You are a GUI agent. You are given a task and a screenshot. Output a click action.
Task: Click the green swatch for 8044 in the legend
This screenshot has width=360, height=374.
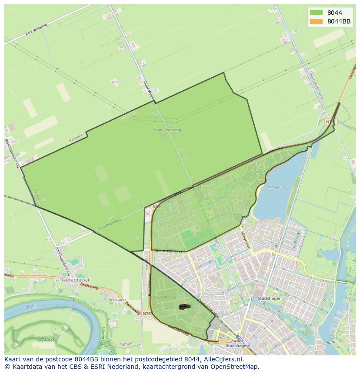pos(317,13)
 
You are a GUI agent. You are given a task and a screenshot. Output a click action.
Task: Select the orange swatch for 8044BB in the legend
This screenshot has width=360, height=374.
pos(317,21)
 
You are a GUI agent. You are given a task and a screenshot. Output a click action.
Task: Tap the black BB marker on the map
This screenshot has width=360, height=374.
pos(184,307)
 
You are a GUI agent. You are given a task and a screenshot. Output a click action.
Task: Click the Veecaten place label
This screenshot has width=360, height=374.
pos(117,300)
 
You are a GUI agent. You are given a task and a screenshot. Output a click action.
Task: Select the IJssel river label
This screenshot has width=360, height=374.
pos(30,307)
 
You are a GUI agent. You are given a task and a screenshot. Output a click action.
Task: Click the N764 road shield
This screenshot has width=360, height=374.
pos(147,313)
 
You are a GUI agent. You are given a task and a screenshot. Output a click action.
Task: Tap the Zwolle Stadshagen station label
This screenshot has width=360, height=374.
pos(237,343)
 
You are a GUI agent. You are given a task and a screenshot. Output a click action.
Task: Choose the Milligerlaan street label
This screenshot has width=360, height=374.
pos(246,240)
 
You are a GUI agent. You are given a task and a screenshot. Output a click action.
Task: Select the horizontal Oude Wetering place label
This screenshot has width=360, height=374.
pos(167,130)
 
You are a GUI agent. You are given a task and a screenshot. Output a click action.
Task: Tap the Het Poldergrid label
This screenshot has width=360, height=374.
pos(164,297)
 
